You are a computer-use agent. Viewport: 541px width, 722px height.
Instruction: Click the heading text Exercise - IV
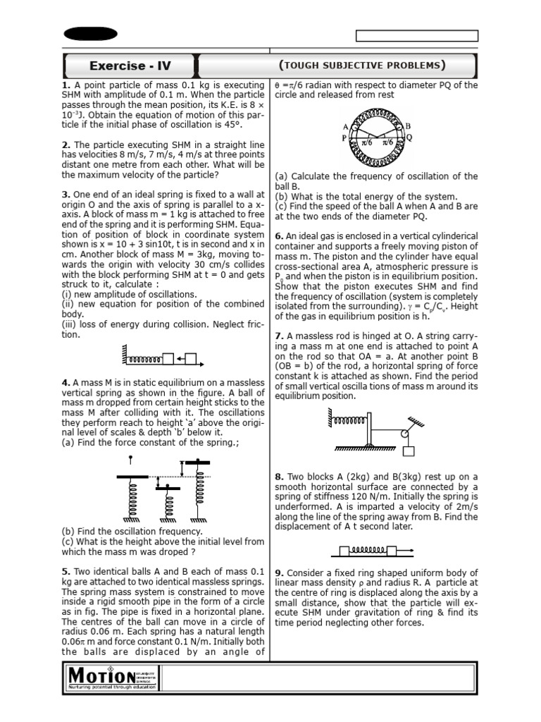[130, 67]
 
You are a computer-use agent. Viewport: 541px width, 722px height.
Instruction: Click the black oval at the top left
[90, 35]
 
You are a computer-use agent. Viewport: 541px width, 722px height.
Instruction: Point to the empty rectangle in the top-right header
[416, 36]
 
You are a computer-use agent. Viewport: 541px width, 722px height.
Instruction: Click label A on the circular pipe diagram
[346, 126]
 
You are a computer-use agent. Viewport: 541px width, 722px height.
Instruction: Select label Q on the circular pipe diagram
[409, 138]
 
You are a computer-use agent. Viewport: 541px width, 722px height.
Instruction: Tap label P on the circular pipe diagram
[344, 139]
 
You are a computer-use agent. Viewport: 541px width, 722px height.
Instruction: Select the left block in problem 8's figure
[344, 551]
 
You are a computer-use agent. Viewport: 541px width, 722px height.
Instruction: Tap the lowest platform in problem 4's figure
[167, 487]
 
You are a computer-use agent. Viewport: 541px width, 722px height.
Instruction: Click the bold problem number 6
[278, 236]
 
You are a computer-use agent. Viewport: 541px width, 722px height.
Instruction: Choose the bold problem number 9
[278, 573]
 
